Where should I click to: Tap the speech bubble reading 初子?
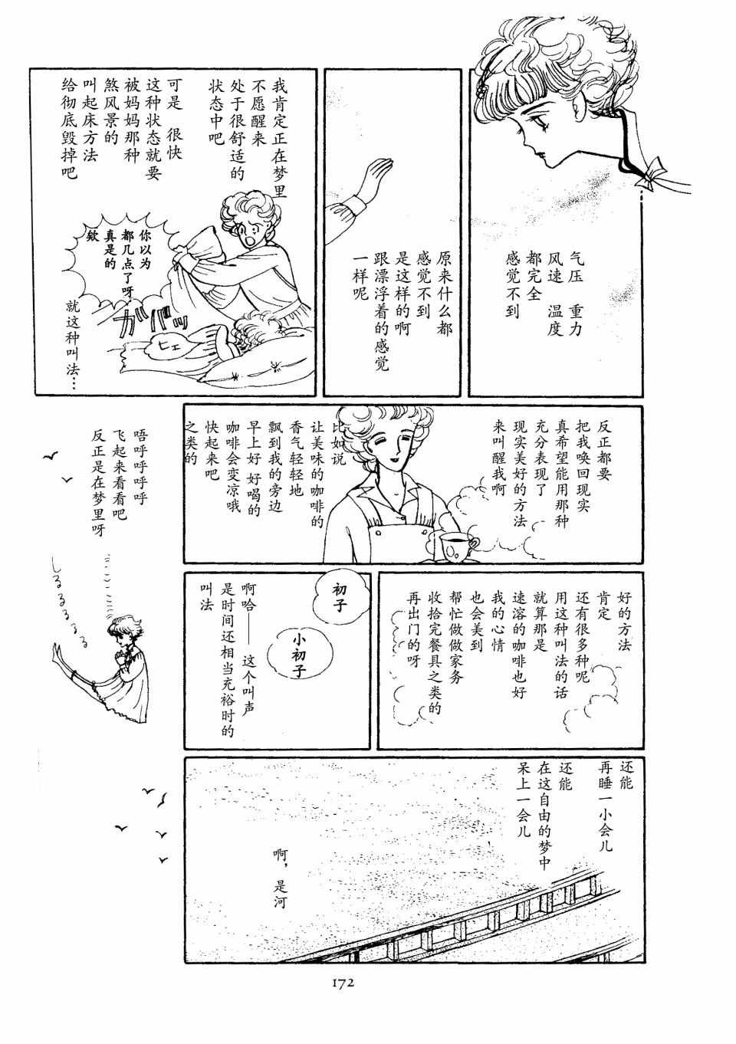coord(338,599)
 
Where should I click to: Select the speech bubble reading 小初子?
coord(299,656)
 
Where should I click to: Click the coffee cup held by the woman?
coord(458,544)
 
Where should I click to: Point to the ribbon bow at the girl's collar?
coord(655,173)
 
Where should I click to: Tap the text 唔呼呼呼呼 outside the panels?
coord(140,467)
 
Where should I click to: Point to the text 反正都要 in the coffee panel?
coord(603,450)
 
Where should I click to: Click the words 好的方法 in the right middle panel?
coord(623,620)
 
